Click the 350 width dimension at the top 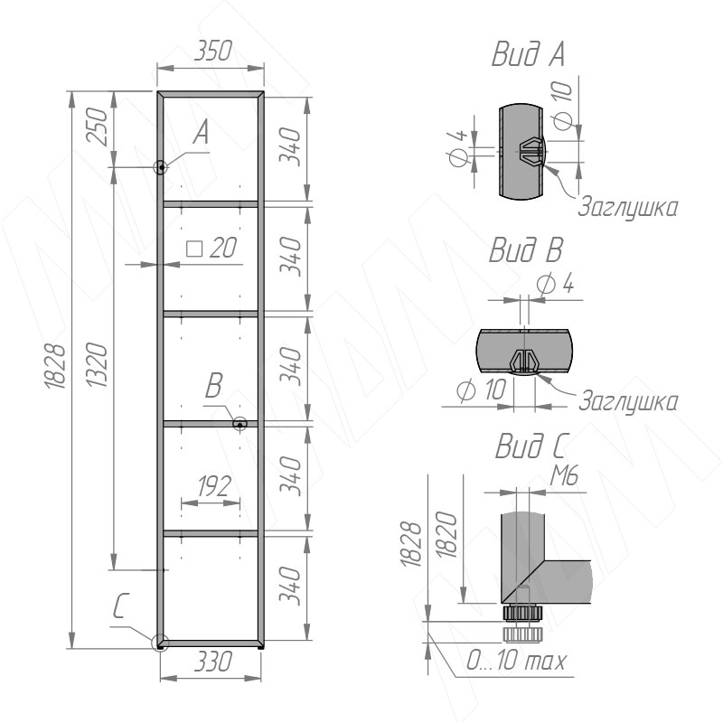pos(212,51)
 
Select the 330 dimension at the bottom pos(212,662)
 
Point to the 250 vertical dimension pos(98,127)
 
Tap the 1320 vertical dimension pos(98,365)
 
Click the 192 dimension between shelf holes pos(214,486)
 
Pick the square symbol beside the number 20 pos(194,249)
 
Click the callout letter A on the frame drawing pos(201,132)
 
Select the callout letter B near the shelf pos(213,386)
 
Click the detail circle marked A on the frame pos(161,167)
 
